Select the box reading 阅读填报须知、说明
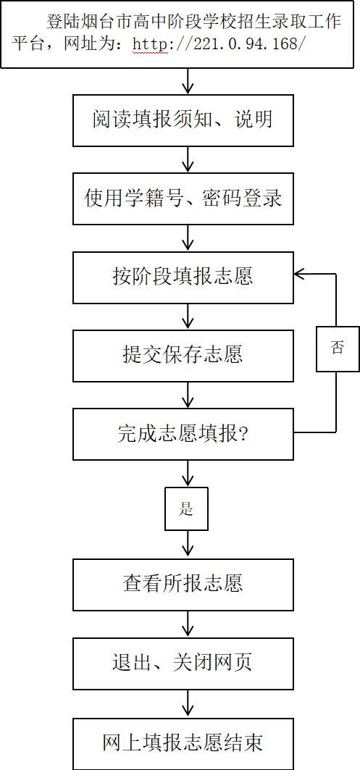pos(183,120)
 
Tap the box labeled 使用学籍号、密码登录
pos(183,199)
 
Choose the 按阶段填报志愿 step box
pos(183,277)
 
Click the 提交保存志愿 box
pos(183,356)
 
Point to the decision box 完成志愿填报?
pos(183,434)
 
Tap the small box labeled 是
pos(186,509)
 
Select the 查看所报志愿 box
pos(183,585)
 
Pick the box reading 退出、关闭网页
pos(183,663)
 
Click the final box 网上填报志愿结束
pos(183,743)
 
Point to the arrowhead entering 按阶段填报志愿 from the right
pos(300,274)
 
